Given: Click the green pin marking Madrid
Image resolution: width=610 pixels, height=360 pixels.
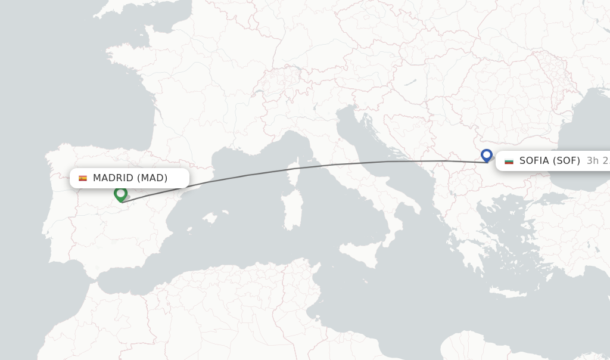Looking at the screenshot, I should [120, 194].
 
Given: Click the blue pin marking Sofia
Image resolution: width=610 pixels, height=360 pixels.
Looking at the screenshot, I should [487, 155].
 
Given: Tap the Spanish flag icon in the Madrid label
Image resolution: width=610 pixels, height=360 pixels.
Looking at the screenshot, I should [83, 178].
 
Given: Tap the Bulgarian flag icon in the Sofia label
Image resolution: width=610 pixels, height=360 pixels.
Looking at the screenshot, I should [509, 161].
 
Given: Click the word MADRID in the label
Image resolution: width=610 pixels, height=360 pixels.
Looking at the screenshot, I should [113, 178].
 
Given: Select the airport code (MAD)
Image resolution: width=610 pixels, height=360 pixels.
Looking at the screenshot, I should [152, 178].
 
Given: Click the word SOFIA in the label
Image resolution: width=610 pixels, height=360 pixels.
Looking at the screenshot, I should [534, 161].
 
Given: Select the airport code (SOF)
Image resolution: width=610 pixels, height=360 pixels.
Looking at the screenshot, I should [566, 161].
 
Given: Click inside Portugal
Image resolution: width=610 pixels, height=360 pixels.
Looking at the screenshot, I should [57, 221].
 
